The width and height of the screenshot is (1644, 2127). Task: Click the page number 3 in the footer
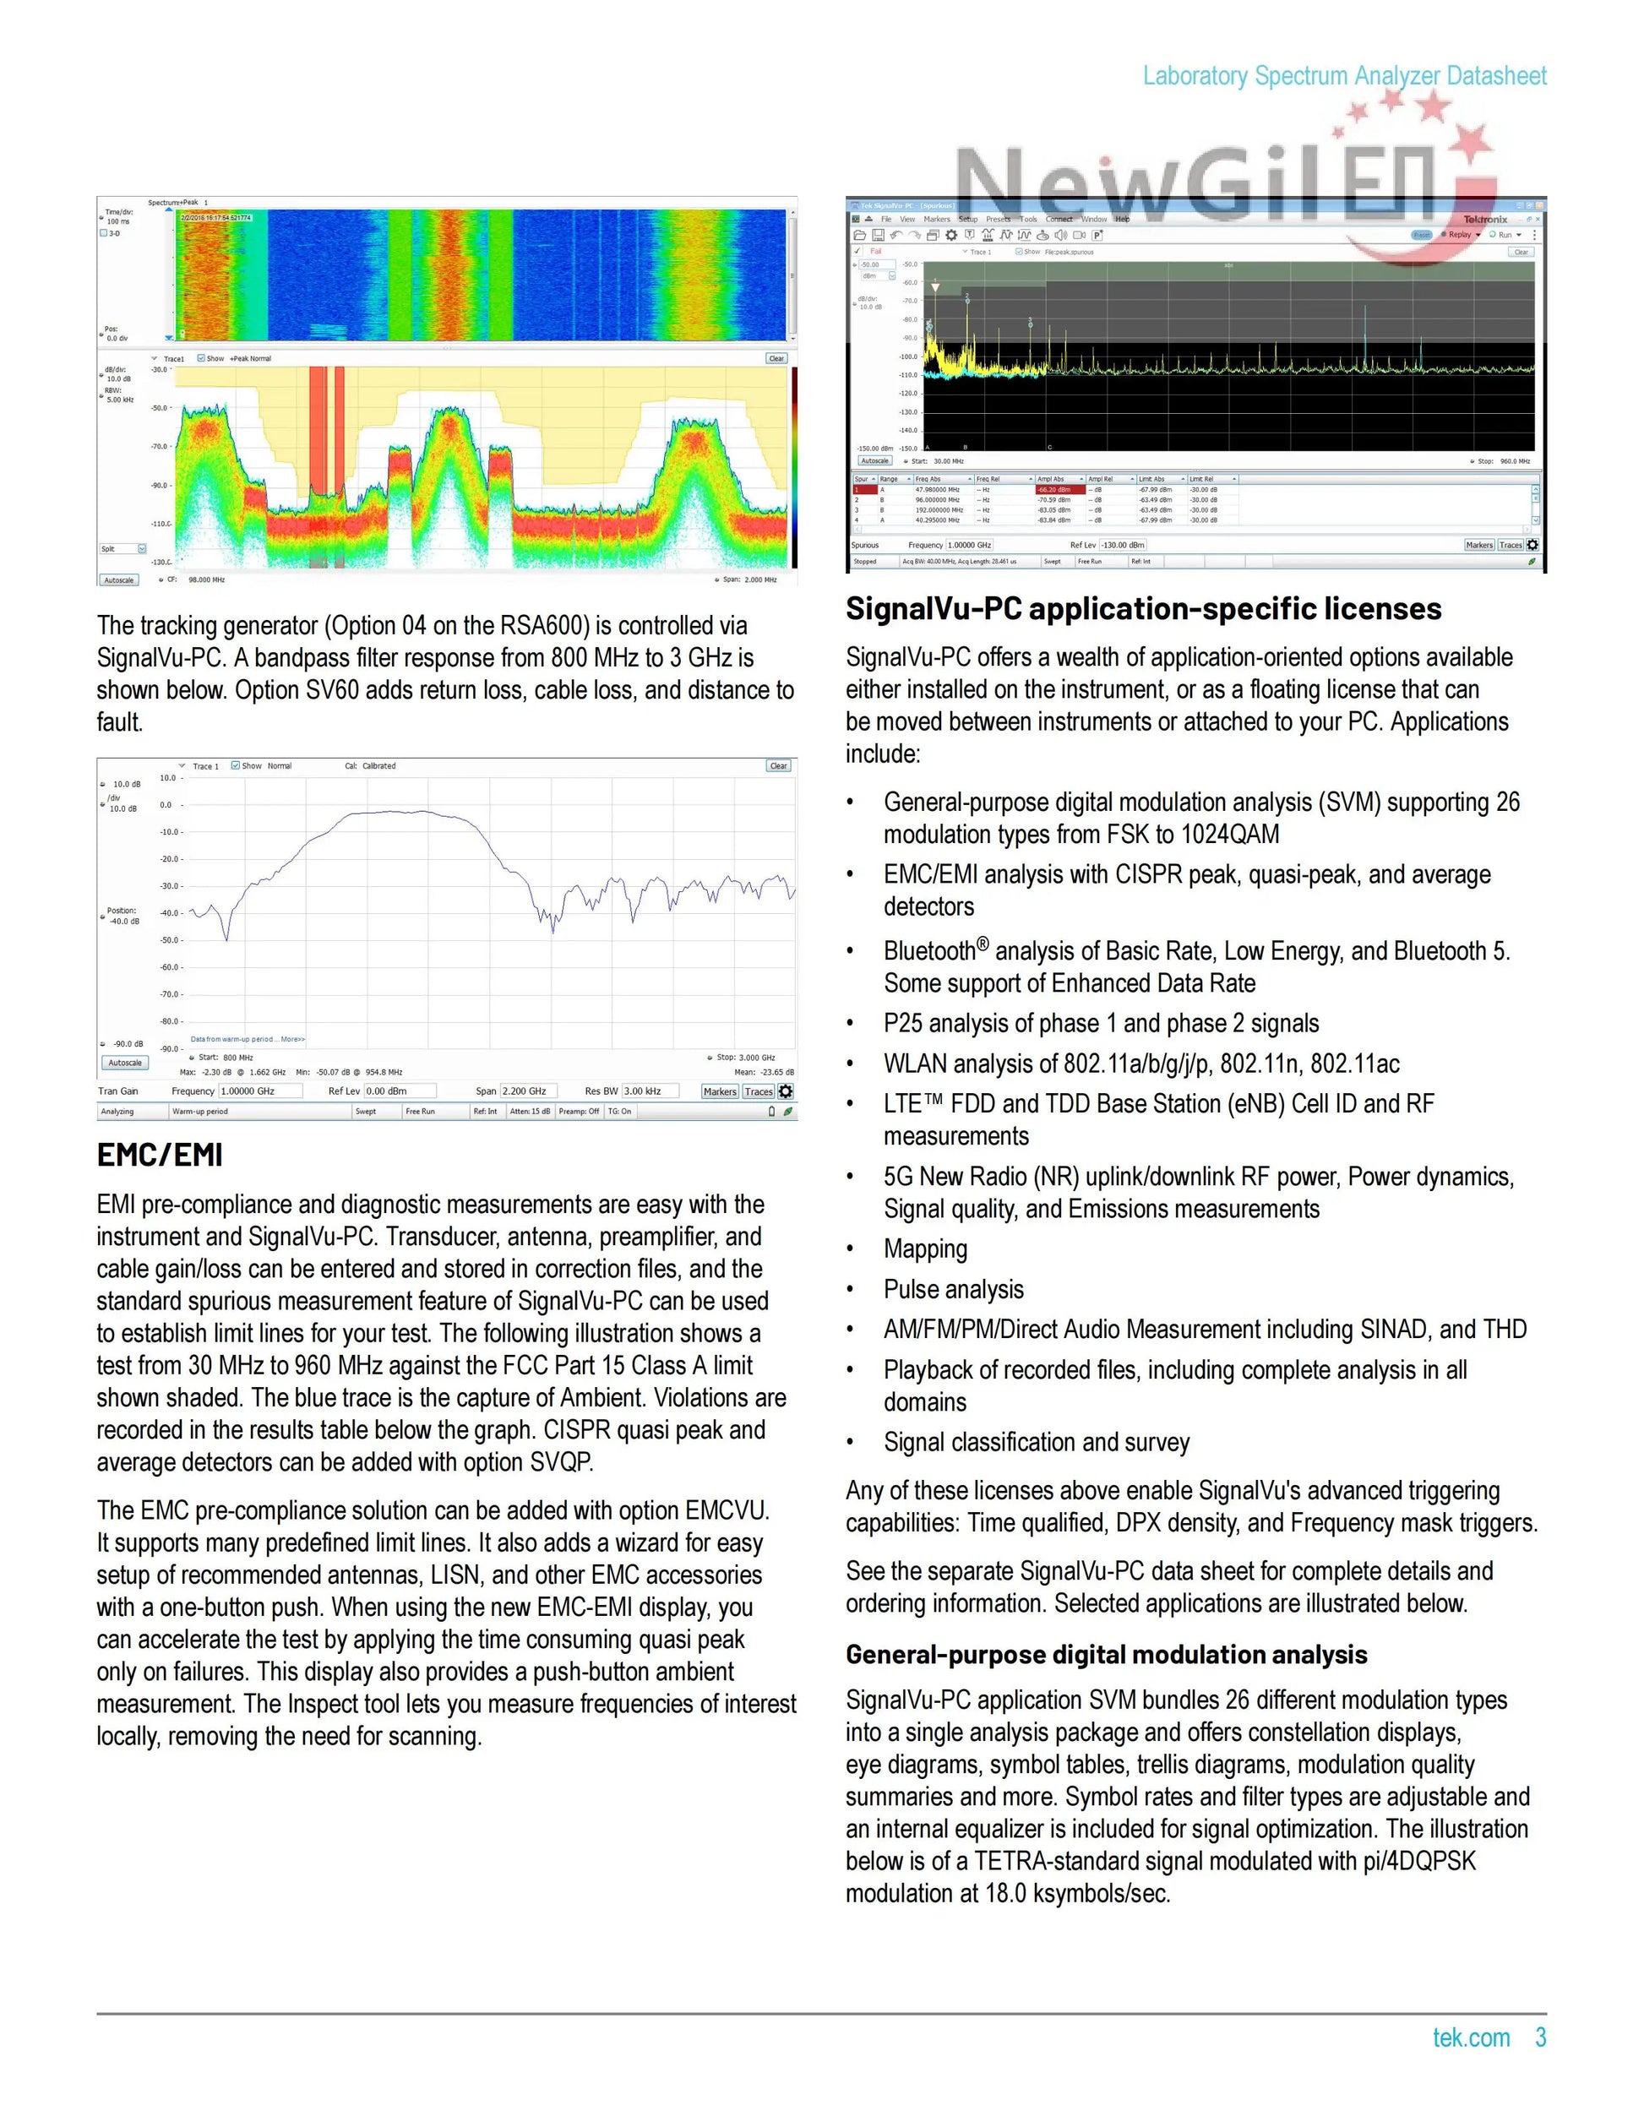tap(1540, 2037)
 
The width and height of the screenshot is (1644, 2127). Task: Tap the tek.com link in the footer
tap(1471, 2037)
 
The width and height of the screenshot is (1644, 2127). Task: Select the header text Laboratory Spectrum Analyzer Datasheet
tap(1344, 76)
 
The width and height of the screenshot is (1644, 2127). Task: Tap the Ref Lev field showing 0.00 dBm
tap(399, 1091)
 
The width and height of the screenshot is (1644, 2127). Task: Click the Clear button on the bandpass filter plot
tap(778, 765)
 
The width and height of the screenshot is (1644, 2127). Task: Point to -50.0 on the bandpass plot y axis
tap(171, 940)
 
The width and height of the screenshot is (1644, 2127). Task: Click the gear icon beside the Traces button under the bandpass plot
tap(786, 1091)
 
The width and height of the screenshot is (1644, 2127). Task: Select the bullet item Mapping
tap(925, 1248)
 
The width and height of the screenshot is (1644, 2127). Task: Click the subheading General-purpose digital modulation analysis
tap(1107, 1655)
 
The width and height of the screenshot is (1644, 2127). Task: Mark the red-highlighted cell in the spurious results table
tap(1059, 490)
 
